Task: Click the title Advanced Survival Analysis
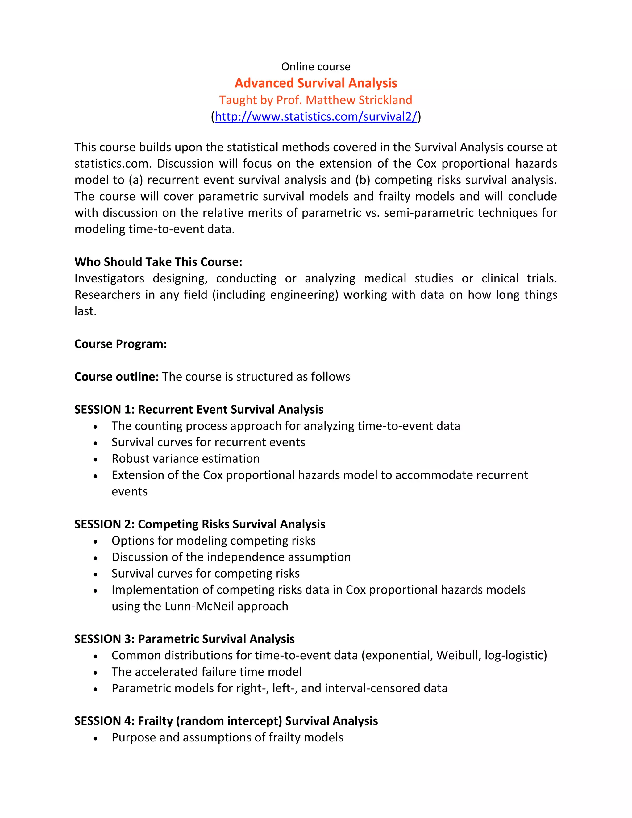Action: pos(316,83)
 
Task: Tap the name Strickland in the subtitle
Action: pos(385,100)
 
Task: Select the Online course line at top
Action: pos(316,67)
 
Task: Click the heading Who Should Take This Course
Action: pos(158,262)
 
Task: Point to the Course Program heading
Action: pos(121,344)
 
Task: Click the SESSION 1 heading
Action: pos(198,409)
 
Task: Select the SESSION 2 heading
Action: pos(200,524)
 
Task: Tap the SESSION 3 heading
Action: pos(184,639)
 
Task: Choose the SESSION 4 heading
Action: pos(226,721)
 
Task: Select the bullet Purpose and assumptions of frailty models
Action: pos(227,737)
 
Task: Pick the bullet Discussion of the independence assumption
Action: pos(231,557)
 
